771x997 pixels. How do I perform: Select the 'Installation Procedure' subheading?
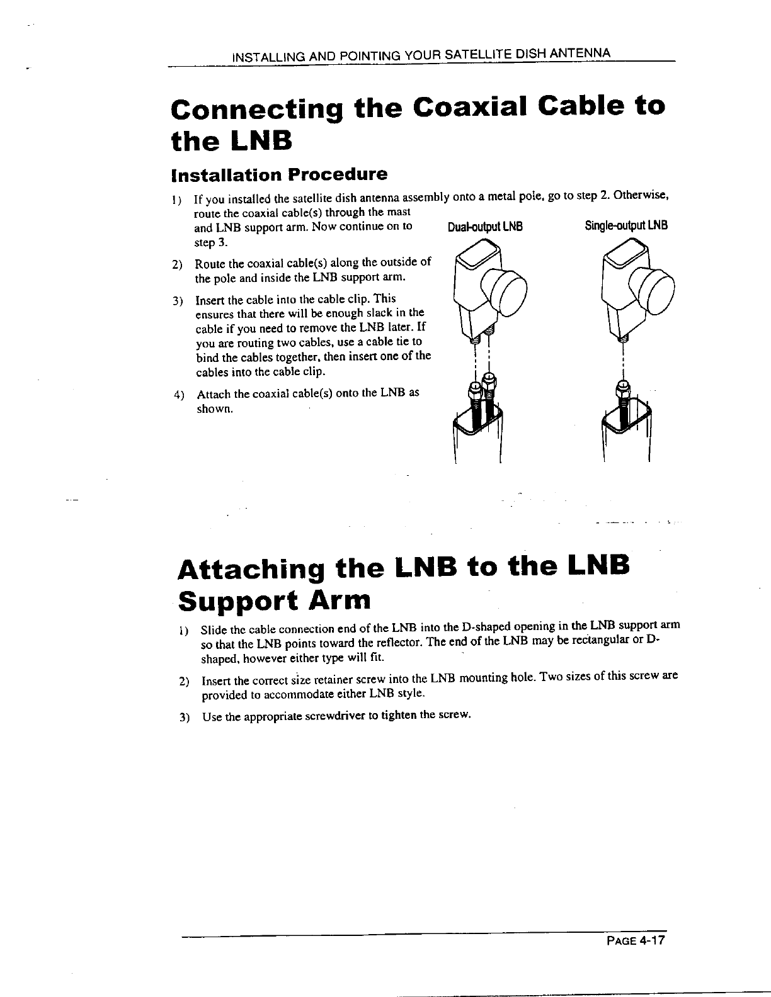click(x=279, y=173)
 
